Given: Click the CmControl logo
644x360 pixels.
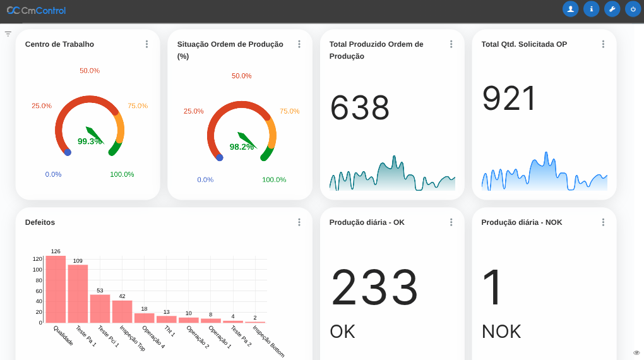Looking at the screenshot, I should (36, 10).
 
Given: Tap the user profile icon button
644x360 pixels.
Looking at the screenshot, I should (570, 9).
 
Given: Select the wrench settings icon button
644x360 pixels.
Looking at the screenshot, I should (612, 9).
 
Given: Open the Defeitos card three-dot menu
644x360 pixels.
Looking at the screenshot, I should (299, 222).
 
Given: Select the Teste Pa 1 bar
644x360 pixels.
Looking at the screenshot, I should (78, 294).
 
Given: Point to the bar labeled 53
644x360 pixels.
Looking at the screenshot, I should (100, 309).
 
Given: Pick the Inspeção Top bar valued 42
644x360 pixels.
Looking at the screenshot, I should (122, 311).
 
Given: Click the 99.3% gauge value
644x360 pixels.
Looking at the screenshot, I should (90, 141).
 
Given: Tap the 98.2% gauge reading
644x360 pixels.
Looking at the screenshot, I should (241, 147).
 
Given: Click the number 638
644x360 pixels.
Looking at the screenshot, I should (360, 108).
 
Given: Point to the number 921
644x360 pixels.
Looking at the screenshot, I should (510, 99).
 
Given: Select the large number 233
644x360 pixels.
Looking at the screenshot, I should (374, 288).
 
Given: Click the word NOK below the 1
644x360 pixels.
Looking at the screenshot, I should (501, 332).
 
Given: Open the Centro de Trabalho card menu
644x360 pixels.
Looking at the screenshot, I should (146, 44).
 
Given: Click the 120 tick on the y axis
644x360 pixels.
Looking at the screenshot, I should (37, 259).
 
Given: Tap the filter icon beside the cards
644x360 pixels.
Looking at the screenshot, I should (8, 33).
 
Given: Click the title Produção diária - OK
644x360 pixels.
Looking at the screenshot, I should (367, 222).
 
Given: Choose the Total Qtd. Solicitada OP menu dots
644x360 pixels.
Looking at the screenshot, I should (603, 44).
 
